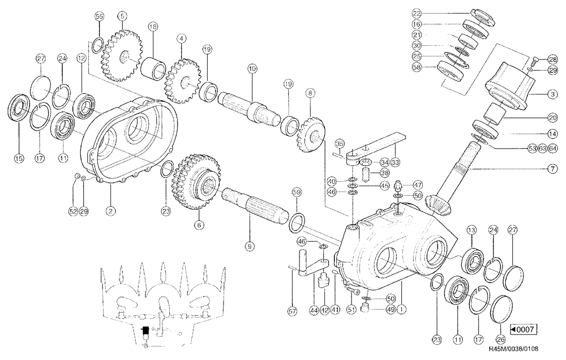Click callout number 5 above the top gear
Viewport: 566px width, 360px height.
point(122,16)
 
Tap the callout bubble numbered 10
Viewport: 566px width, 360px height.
point(252,68)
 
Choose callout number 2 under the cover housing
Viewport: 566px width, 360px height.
point(111,211)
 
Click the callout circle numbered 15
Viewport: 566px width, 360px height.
point(19,160)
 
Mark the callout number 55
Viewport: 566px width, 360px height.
point(98,18)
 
